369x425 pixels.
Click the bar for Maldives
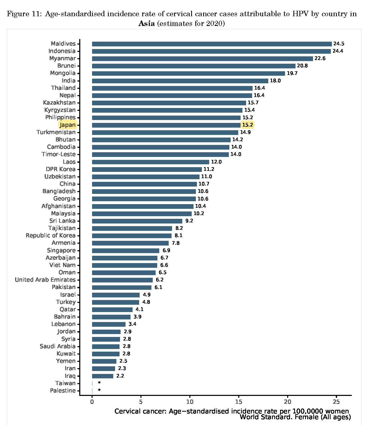click(x=212, y=44)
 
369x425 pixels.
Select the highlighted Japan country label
click(x=67, y=125)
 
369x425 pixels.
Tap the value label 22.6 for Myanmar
click(x=320, y=58)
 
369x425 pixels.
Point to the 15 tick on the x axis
click(x=239, y=402)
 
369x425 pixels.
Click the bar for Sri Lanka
click(x=137, y=221)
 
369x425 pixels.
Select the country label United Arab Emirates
click(x=45, y=280)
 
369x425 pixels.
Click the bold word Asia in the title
click(x=146, y=24)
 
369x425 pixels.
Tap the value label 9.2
click(x=189, y=221)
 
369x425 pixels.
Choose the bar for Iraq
click(x=103, y=376)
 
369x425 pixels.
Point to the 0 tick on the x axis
click(x=92, y=402)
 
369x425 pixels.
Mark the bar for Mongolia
click(x=188, y=73)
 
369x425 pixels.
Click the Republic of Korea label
click(x=50, y=236)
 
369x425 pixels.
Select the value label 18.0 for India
click(x=275, y=81)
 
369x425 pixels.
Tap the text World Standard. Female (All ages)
click(x=295, y=417)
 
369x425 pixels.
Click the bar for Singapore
click(x=126, y=250)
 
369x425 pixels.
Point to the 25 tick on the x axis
click(x=336, y=402)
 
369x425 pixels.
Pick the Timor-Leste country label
click(x=59, y=154)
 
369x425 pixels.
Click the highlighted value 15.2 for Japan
click(x=247, y=125)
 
